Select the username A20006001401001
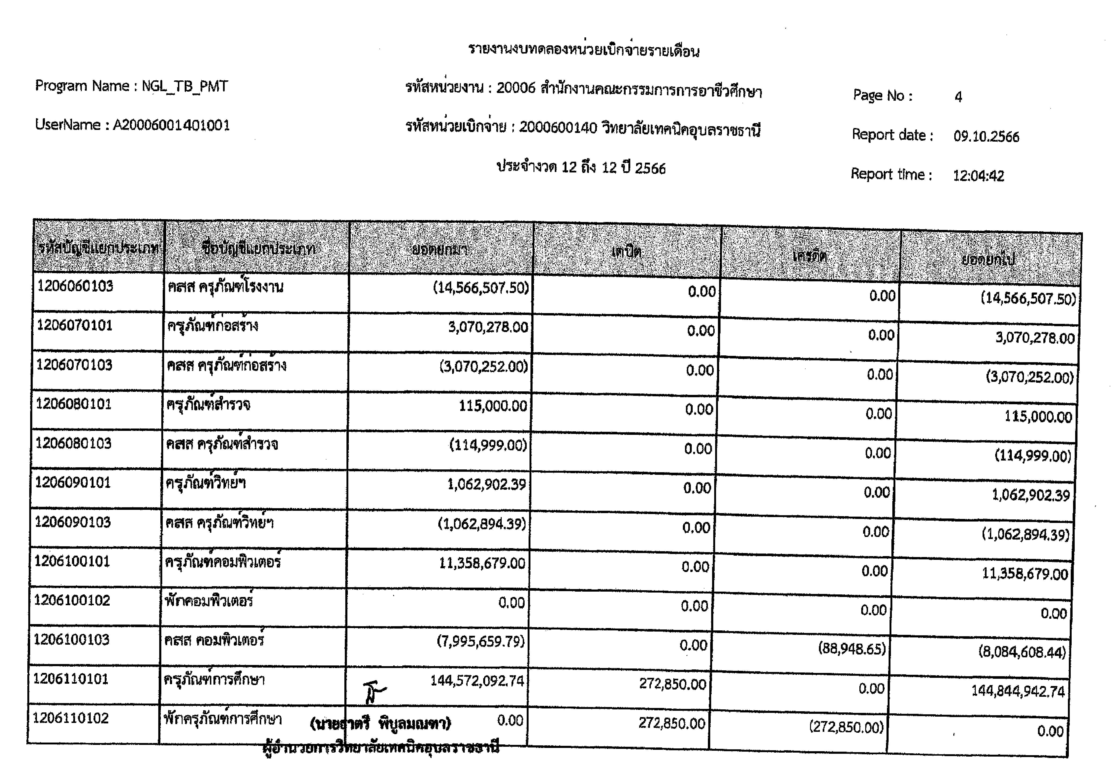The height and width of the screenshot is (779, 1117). [x=171, y=125]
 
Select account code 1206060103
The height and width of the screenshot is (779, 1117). [x=75, y=286]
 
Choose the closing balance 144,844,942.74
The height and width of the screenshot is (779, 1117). [x=1018, y=691]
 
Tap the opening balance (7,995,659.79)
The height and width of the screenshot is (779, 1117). [x=480, y=642]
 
